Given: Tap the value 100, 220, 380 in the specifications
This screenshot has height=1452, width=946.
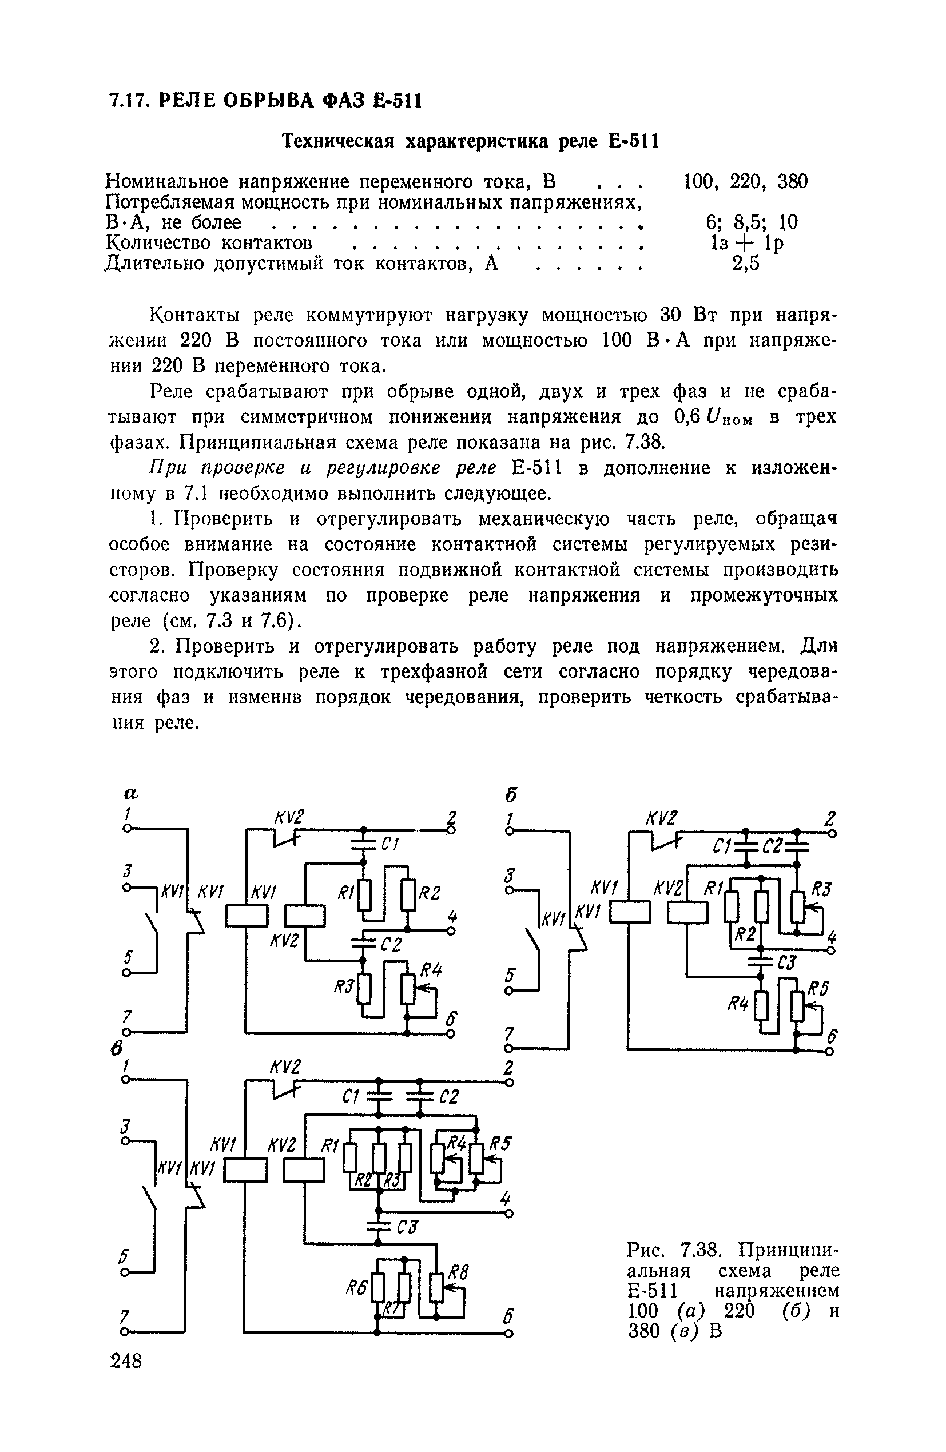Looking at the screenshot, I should click(745, 181).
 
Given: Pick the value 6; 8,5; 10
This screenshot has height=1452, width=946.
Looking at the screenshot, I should click(752, 222).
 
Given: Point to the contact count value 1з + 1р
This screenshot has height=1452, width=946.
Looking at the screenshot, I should click(746, 243).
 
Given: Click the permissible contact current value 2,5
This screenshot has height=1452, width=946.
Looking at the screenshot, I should click(746, 264).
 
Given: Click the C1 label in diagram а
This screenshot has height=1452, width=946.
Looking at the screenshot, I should click(389, 845).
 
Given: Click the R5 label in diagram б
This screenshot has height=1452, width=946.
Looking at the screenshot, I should click(818, 988).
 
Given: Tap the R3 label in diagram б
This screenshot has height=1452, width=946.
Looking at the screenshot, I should click(822, 888).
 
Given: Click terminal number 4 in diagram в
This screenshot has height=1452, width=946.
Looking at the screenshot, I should click(504, 1199).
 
